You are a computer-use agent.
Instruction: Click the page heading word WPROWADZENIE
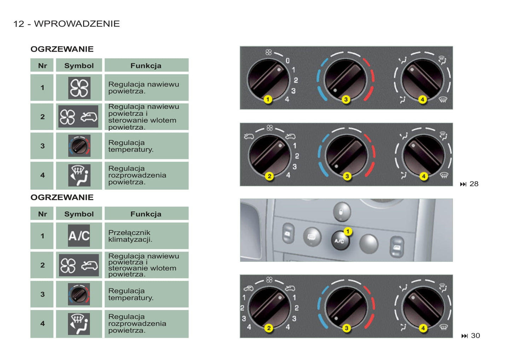[x=77, y=24]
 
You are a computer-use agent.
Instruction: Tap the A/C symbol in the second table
[x=79, y=236]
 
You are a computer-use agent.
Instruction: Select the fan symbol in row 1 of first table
[x=79, y=88]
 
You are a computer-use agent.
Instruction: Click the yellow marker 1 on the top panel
[x=268, y=99]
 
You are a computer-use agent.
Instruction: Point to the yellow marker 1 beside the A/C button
[x=348, y=231]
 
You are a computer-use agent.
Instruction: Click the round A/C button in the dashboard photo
[x=340, y=241]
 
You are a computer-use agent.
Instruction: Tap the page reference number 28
[x=474, y=184]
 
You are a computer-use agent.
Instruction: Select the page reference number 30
[x=475, y=336]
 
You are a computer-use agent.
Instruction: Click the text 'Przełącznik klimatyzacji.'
[x=130, y=236]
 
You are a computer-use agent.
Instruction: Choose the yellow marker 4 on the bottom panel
[x=423, y=328]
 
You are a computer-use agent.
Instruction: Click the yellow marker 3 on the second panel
[x=347, y=176]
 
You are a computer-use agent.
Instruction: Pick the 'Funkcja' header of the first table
[x=146, y=66]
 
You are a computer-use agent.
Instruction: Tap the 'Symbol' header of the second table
[x=79, y=214]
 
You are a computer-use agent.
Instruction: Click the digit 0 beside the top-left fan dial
[x=288, y=61]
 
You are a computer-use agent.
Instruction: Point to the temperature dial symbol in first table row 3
[x=79, y=146]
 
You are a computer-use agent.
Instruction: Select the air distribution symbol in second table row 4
[x=79, y=324]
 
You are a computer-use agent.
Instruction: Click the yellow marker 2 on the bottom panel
[x=269, y=328]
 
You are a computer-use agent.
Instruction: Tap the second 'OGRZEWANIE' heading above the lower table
[x=62, y=197]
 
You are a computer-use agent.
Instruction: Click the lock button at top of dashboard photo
[x=342, y=212]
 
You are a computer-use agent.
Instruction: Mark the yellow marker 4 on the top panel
[x=422, y=99]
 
